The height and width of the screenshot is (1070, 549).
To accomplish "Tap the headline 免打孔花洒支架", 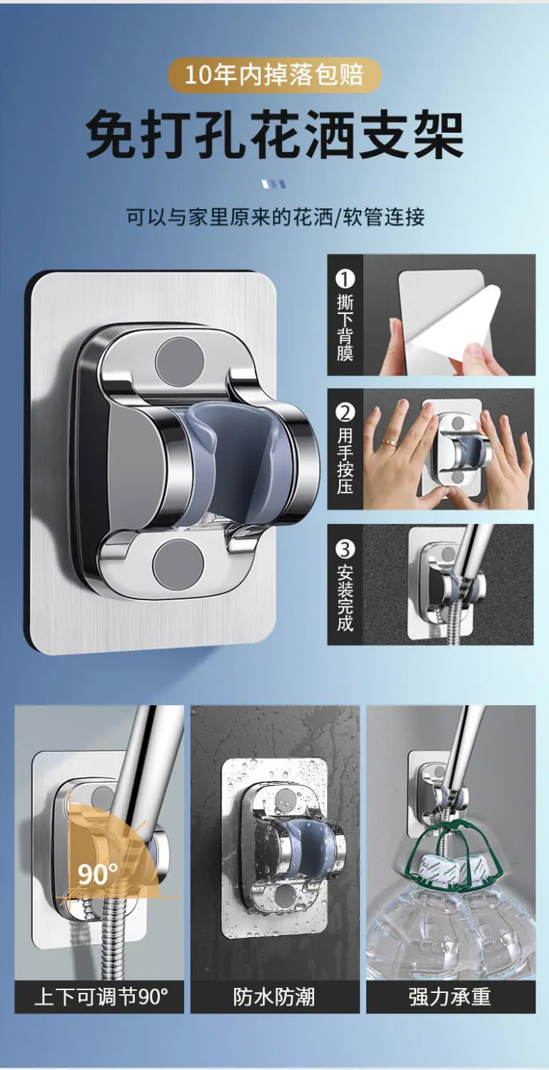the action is point(275,134).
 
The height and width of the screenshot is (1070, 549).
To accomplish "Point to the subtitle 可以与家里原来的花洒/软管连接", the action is point(276,217).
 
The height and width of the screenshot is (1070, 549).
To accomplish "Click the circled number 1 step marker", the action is point(345,279).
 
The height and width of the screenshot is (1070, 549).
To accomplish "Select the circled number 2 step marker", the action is point(345,413).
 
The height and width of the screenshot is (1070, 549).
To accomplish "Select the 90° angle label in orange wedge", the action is point(98,874).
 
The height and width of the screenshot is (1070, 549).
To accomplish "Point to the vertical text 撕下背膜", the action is point(345,328).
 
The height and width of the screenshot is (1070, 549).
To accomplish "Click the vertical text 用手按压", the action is point(345,460).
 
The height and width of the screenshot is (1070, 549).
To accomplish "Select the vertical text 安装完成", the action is point(345,598).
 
